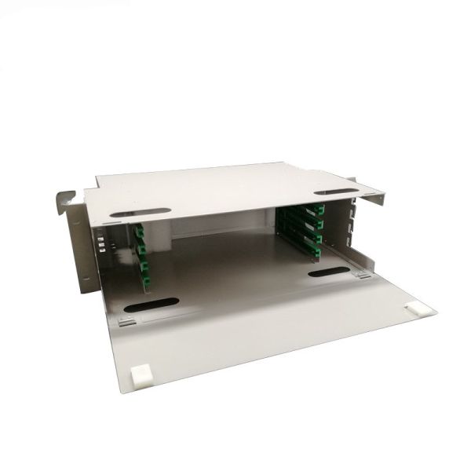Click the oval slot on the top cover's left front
140,213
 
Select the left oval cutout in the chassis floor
151,304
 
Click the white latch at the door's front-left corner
141,377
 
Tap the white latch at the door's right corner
420,310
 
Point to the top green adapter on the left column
139,232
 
